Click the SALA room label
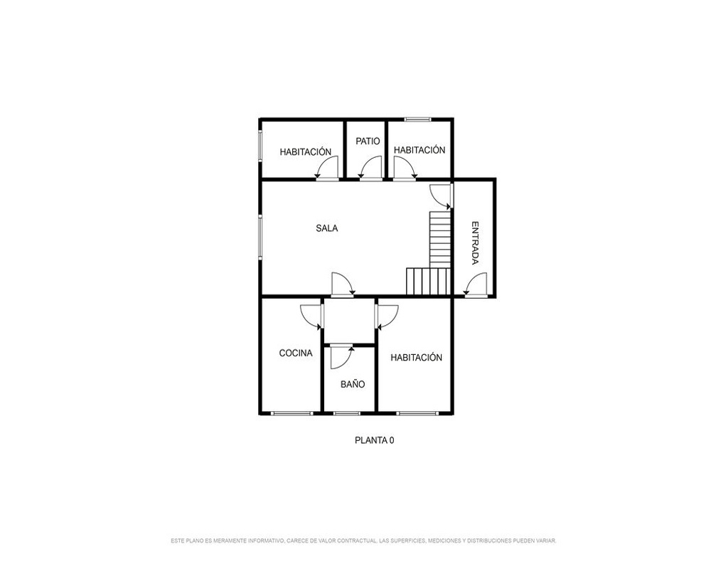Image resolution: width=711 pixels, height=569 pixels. coord(326,228)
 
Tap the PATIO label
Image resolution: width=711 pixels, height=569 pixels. coord(368,141)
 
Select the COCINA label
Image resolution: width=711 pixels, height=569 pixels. coord(296,353)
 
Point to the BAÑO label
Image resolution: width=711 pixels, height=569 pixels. coord(353,384)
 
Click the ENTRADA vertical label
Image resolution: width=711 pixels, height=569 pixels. coord(475,243)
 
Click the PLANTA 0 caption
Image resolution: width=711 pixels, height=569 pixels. coord(375,440)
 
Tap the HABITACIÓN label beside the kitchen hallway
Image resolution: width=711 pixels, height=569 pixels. coord(416,358)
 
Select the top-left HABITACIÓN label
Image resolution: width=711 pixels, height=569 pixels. coord(306,152)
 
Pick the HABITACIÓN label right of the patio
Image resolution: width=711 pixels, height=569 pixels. coord(419,150)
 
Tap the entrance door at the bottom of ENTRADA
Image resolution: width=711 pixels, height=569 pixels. coord(475,284)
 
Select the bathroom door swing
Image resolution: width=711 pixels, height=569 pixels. coord(341,356)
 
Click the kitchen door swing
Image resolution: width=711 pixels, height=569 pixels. coord(311,317)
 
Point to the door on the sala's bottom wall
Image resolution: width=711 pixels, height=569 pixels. coord(343,284)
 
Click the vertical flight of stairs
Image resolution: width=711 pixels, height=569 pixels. coord(440,239)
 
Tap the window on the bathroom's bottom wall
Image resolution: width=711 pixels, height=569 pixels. coord(346,413)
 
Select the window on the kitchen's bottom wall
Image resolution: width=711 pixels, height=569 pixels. coord(292,413)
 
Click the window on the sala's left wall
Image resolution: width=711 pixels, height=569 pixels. coord(260,236)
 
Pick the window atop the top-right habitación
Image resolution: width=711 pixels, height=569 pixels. coord(417,119)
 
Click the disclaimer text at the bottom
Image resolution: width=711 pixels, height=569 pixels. coord(363,541)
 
